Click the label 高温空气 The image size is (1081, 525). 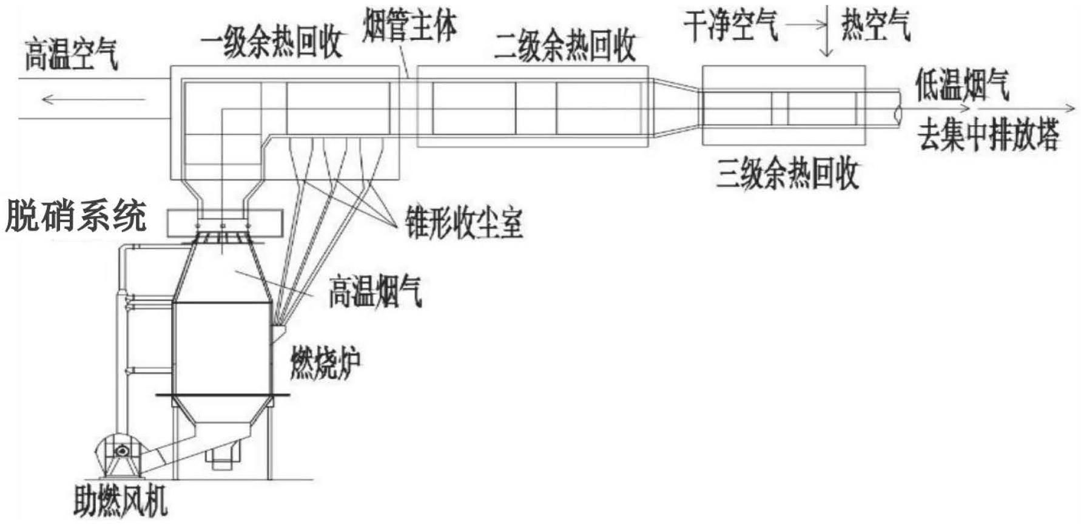click(72, 55)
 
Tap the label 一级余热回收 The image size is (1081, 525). click(272, 43)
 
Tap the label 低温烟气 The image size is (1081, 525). click(962, 84)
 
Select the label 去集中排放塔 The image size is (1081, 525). click(988, 135)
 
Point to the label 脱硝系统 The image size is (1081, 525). click(76, 217)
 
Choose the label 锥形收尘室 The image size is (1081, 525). click(464, 223)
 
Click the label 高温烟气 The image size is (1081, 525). click(375, 291)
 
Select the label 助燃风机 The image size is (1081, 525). click(121, 501)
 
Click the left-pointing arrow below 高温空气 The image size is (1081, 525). click(93, 99)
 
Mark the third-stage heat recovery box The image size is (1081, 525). click(783, 106)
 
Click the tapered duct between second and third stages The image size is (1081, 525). click(675, 106)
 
